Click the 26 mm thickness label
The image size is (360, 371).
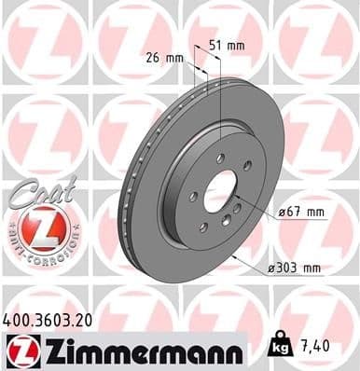(x=165, y=58)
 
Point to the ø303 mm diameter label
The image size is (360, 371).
(x=295, y=268)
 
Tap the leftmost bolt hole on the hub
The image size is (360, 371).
(x=192, y=197)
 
